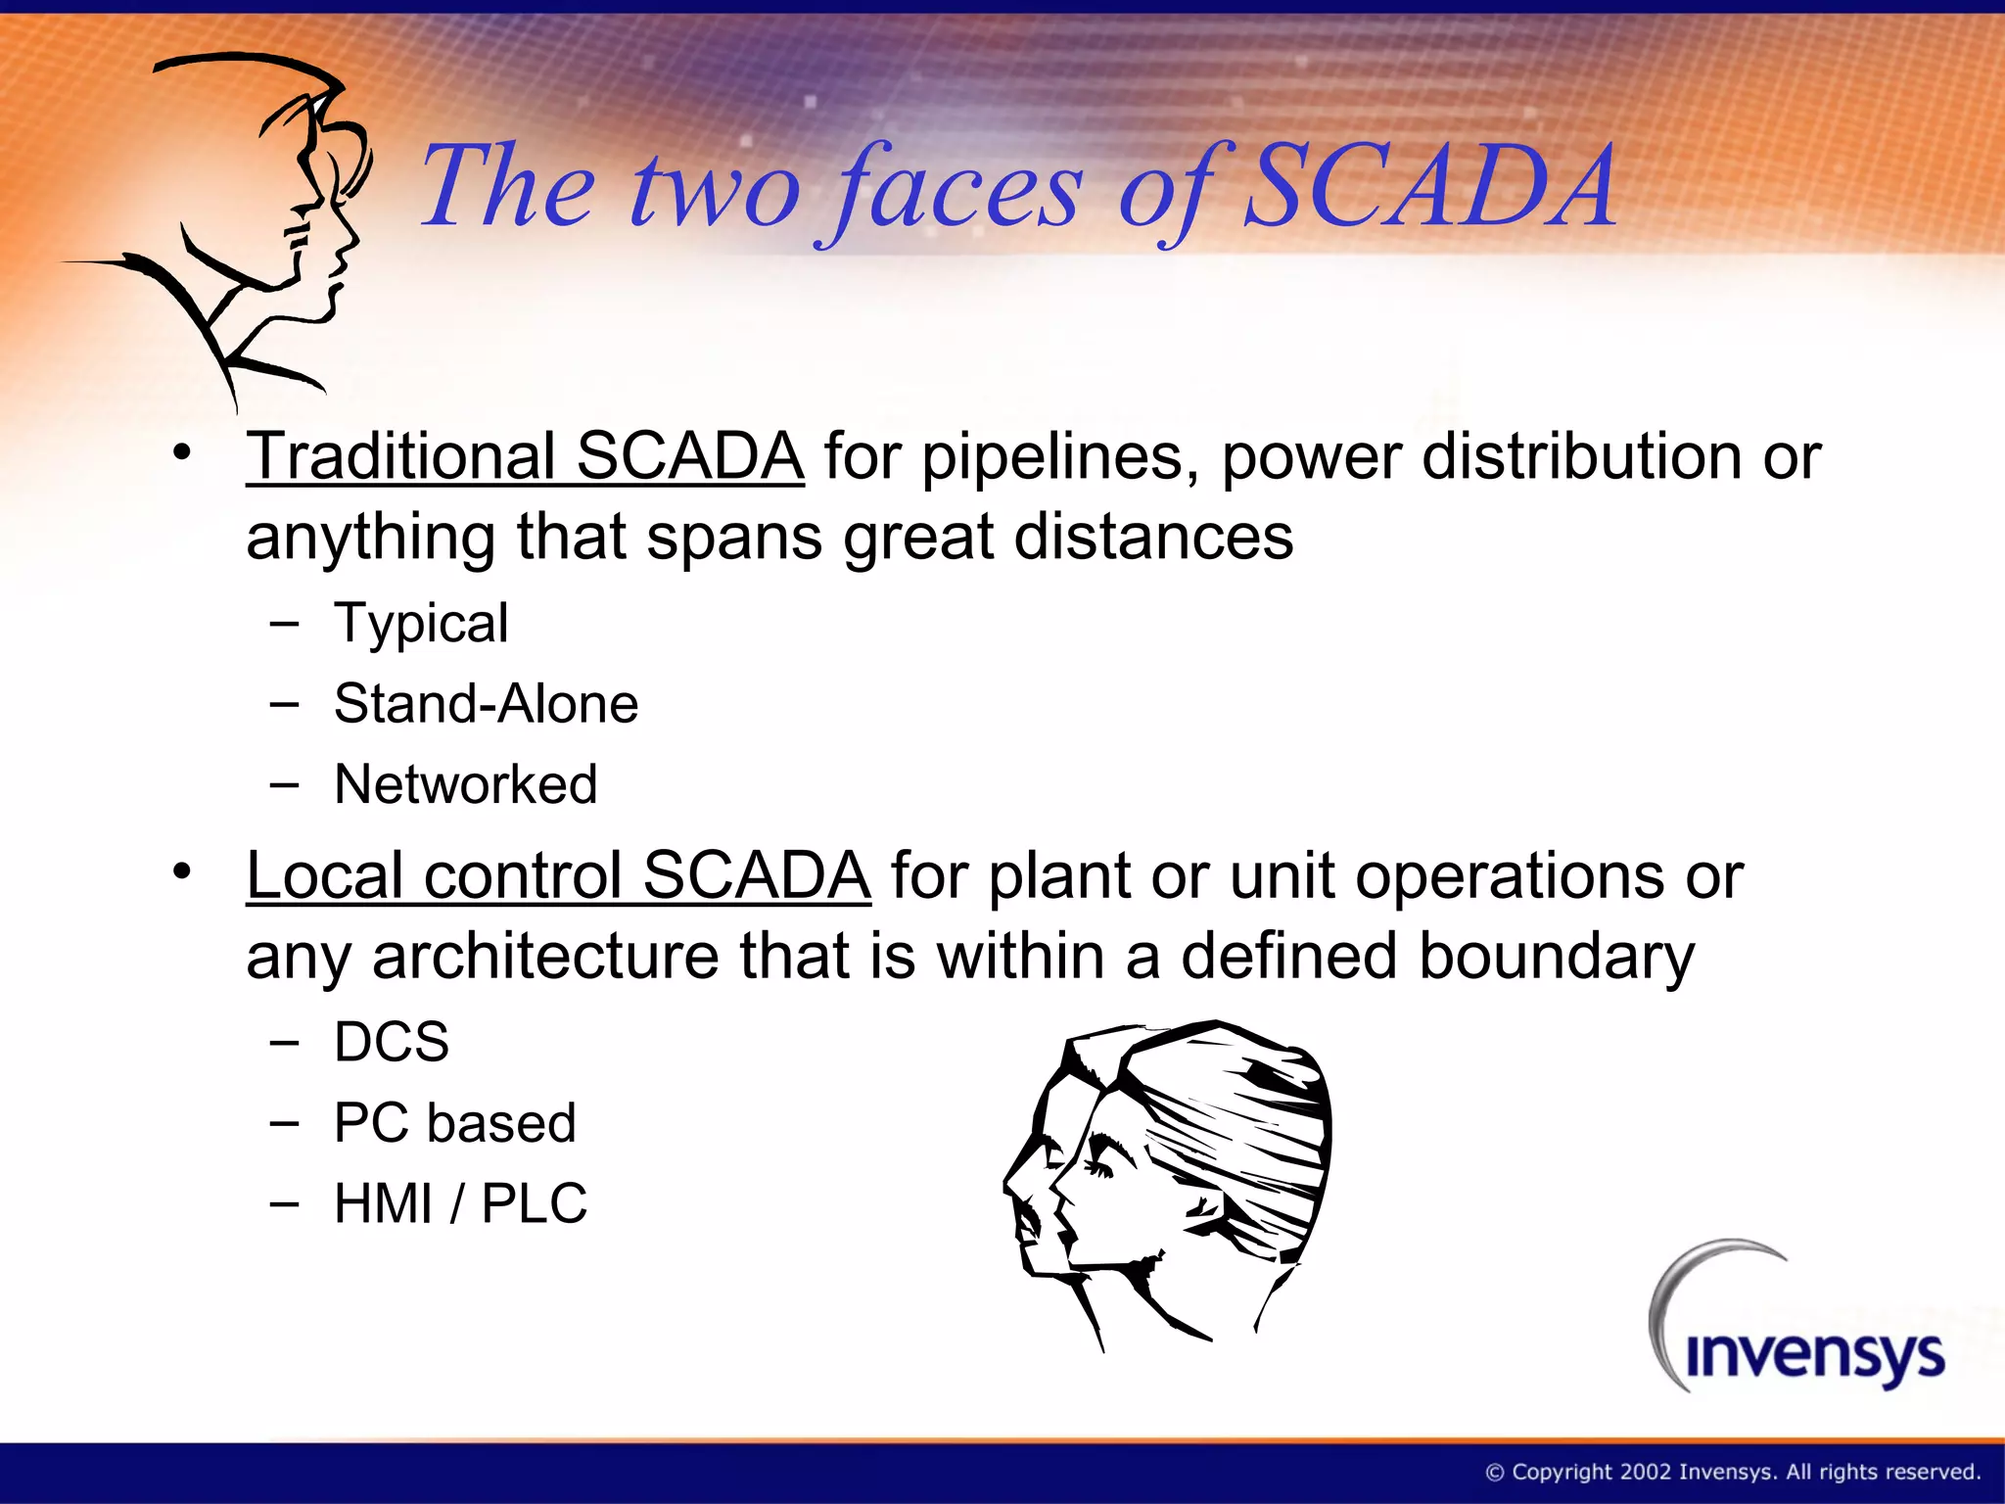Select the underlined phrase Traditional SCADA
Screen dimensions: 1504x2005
coord(525,456)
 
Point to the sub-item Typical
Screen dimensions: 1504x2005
coord(421,624)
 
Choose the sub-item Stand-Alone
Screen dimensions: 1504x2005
coord(486,703)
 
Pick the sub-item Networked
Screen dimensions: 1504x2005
coord(465,783)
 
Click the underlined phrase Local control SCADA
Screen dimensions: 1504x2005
coord(558,874)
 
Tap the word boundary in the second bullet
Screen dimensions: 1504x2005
coord(1557,956)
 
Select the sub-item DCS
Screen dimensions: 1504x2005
coord(392,1041)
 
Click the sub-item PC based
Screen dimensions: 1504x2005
coord(454,1122)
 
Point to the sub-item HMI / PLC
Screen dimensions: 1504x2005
coord(460,1203)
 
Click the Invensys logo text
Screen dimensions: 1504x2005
coord(1814,1356)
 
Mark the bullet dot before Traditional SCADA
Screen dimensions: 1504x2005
coord(181,453)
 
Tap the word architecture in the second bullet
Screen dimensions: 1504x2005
coord(545,956)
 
